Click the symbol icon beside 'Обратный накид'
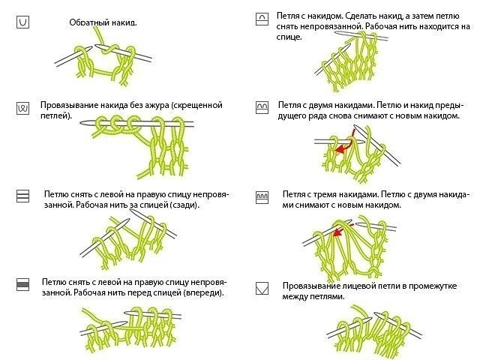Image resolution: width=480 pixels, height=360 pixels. (22, 22)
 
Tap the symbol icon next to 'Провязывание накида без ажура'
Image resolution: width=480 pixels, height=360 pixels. (22, 108)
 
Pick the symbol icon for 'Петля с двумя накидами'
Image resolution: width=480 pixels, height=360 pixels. (262, 107)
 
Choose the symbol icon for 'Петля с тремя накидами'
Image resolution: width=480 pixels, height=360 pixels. (262, 196)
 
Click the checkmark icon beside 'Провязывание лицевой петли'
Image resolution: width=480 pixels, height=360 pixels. (262, 287)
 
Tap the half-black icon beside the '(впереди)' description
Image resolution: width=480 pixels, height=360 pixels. (22, 283)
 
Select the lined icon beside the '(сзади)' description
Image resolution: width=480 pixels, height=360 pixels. (22, 196)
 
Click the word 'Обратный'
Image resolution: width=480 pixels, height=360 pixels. (87, 23)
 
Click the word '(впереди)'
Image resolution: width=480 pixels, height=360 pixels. (202, 292)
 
